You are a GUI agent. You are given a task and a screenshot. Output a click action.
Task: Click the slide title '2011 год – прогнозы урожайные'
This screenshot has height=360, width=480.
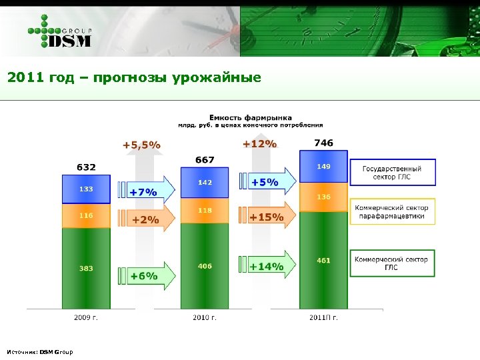[x=134, y=77]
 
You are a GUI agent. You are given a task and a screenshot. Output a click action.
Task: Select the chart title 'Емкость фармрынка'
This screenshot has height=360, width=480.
[x=251, y=117]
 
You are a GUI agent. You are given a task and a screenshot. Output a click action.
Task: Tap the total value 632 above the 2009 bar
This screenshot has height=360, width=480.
[x=86, y=167]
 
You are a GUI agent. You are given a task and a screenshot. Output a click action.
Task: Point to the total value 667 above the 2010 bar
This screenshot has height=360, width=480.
[x=205, y=159]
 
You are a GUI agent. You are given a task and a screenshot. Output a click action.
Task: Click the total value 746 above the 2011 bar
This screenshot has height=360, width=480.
[x=323, y=143]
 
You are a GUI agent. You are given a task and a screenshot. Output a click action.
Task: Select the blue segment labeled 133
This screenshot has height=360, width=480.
[x=86, y=189]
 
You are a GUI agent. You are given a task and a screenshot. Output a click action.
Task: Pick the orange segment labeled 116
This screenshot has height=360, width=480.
[x=86, y=215]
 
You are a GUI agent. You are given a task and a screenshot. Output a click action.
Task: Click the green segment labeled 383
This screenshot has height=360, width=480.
[x=86, y=268]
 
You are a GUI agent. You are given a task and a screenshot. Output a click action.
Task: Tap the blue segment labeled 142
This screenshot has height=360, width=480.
[x=205, y=182]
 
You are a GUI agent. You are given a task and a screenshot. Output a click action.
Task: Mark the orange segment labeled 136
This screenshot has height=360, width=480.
[x=323, y=197]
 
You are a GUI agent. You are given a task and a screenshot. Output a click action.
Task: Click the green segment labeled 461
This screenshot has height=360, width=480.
[x=323, y=260]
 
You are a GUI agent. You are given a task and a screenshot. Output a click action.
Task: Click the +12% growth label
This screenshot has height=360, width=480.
[x=259, y=143]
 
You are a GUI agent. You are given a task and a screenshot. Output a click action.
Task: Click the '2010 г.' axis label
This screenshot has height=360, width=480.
[x=205, y=317]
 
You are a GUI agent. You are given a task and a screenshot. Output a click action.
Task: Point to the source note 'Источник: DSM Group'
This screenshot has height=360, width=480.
[x=40, y=351]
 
